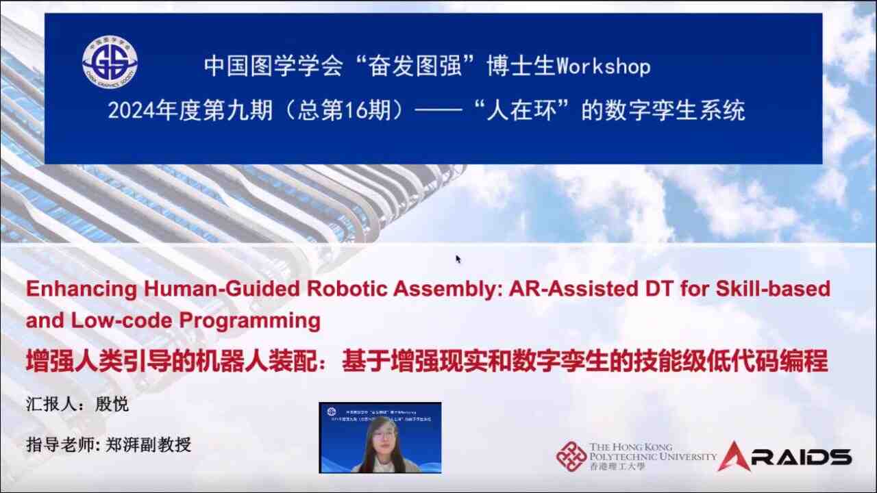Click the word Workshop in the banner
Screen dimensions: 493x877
[604, 66]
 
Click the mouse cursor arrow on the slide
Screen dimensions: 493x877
[458, 258]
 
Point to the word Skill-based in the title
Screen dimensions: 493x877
[776, 288]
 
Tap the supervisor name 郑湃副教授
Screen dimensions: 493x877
[147, 445]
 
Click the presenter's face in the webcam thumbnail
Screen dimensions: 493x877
[383, 434]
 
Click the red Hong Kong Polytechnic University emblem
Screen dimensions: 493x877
[571, 456]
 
